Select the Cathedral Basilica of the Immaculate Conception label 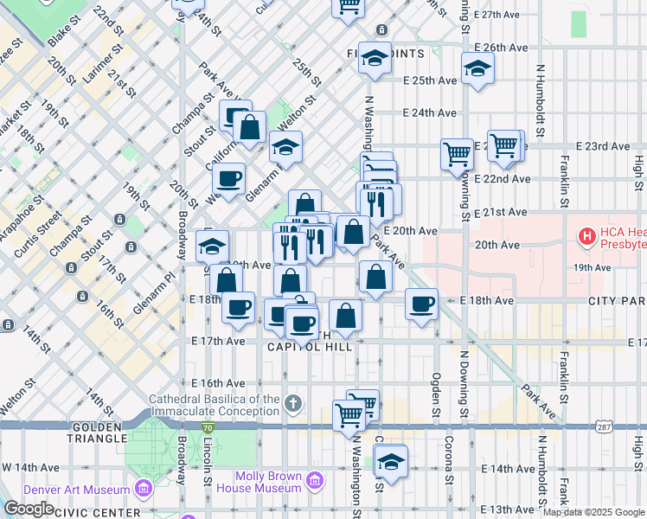coord(215,405)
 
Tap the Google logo coord(29,509)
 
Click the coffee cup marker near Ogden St coord(421,304)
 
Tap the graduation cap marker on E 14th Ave coord(392,462)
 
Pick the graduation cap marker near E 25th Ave coord(477,68)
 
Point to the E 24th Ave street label coord(430,112)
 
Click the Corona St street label coord(449,482)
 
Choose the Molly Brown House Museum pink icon coord(316,479)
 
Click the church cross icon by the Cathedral coord(294,403)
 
